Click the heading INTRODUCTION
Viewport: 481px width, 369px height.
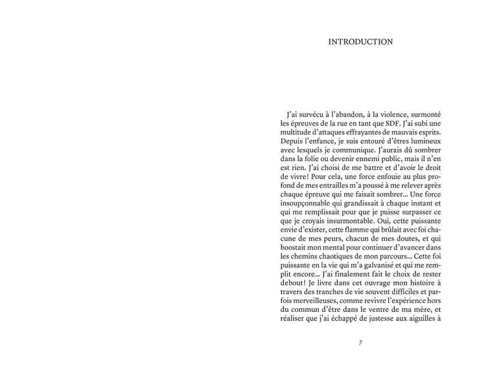pyautogui.click(x=361, y=42)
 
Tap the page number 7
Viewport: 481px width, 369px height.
pyautogui.click(x=360, y=343)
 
